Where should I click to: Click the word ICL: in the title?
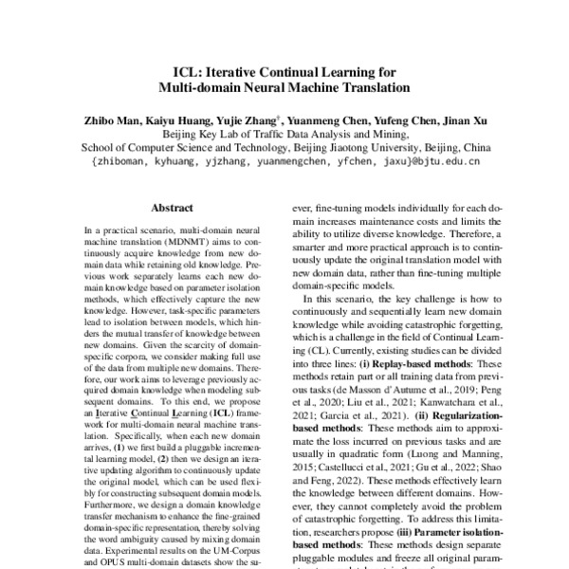tap(187, 71)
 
